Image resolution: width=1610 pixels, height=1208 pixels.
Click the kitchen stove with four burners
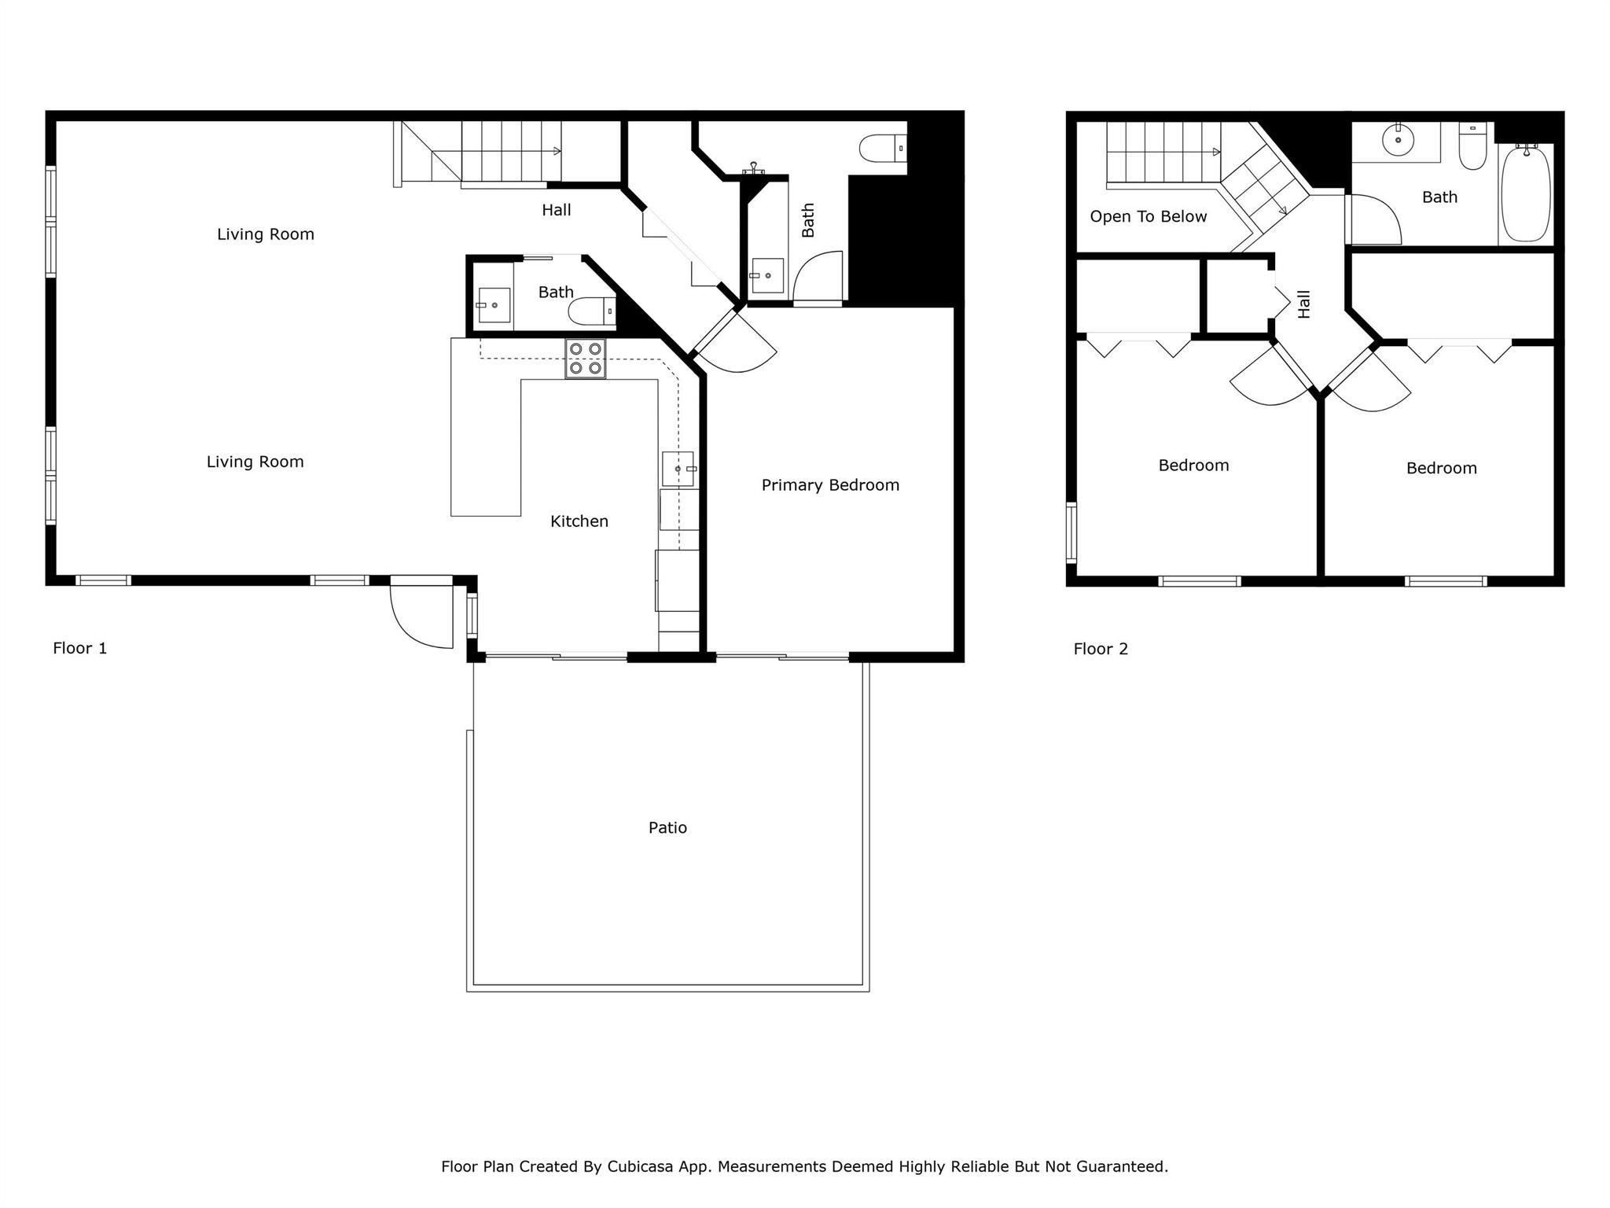click(585, 359)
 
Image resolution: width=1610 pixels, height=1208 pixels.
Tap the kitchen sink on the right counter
click(678, 469)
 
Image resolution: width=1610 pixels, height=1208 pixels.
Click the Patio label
click(667, 827)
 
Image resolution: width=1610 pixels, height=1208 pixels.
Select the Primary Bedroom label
click(830, 485)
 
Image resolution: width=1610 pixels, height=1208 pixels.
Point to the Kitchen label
click(579, 521)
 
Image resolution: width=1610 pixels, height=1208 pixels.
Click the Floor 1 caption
click(79, 648)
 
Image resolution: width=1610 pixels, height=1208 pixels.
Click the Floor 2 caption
click(1101, 649)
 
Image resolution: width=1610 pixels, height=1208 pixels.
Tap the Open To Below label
click(1148, 217)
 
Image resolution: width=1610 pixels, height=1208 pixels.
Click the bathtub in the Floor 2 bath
click(1525, 193)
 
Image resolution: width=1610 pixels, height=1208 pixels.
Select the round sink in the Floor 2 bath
click(1398, 141)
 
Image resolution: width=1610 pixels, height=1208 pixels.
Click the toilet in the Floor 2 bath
click(1472, 148)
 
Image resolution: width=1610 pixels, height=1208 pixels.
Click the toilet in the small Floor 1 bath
click(591, 311)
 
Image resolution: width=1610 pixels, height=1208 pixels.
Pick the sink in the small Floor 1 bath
click(494, 305)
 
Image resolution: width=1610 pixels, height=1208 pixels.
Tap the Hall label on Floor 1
click(556, 210)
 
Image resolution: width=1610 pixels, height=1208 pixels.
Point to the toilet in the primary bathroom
click(882, 148)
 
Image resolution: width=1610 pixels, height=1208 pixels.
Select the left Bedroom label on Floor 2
click(1193, 466)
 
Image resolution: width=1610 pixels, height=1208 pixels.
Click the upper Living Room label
click(266, 234)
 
